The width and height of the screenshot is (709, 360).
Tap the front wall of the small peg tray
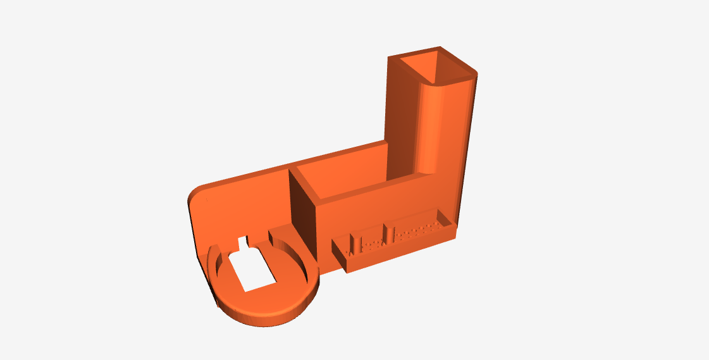(x=398, y=251)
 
